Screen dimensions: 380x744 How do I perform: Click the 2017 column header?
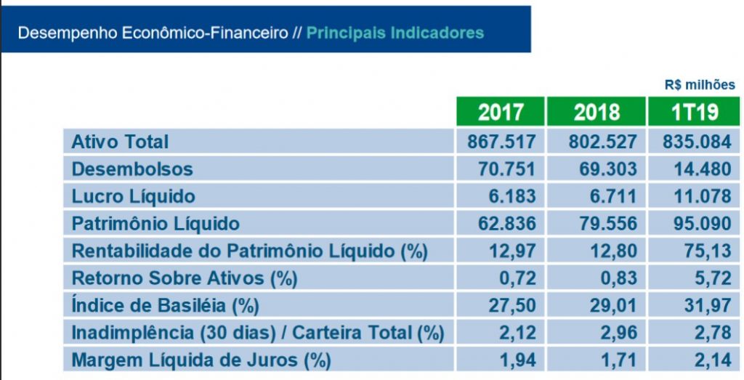[x=501, y=112]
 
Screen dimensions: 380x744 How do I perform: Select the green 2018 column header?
[x=597, y=112]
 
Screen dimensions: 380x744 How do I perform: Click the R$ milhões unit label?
[x=700, y=85]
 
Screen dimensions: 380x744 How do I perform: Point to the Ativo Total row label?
[x=120, y=141]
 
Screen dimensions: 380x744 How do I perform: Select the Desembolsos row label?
[x=132, y=169]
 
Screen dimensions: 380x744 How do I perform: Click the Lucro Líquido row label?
[x=133, y=196]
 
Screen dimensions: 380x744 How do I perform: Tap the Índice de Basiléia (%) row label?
[x=165, y=306]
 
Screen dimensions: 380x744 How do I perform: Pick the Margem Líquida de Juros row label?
[x=201, y=360]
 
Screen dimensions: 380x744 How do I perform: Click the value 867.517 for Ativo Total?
[x=501, y=141]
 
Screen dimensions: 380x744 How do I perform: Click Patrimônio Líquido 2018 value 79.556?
[x=597, y=223]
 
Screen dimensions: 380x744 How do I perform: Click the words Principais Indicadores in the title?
[x=395, y=33]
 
